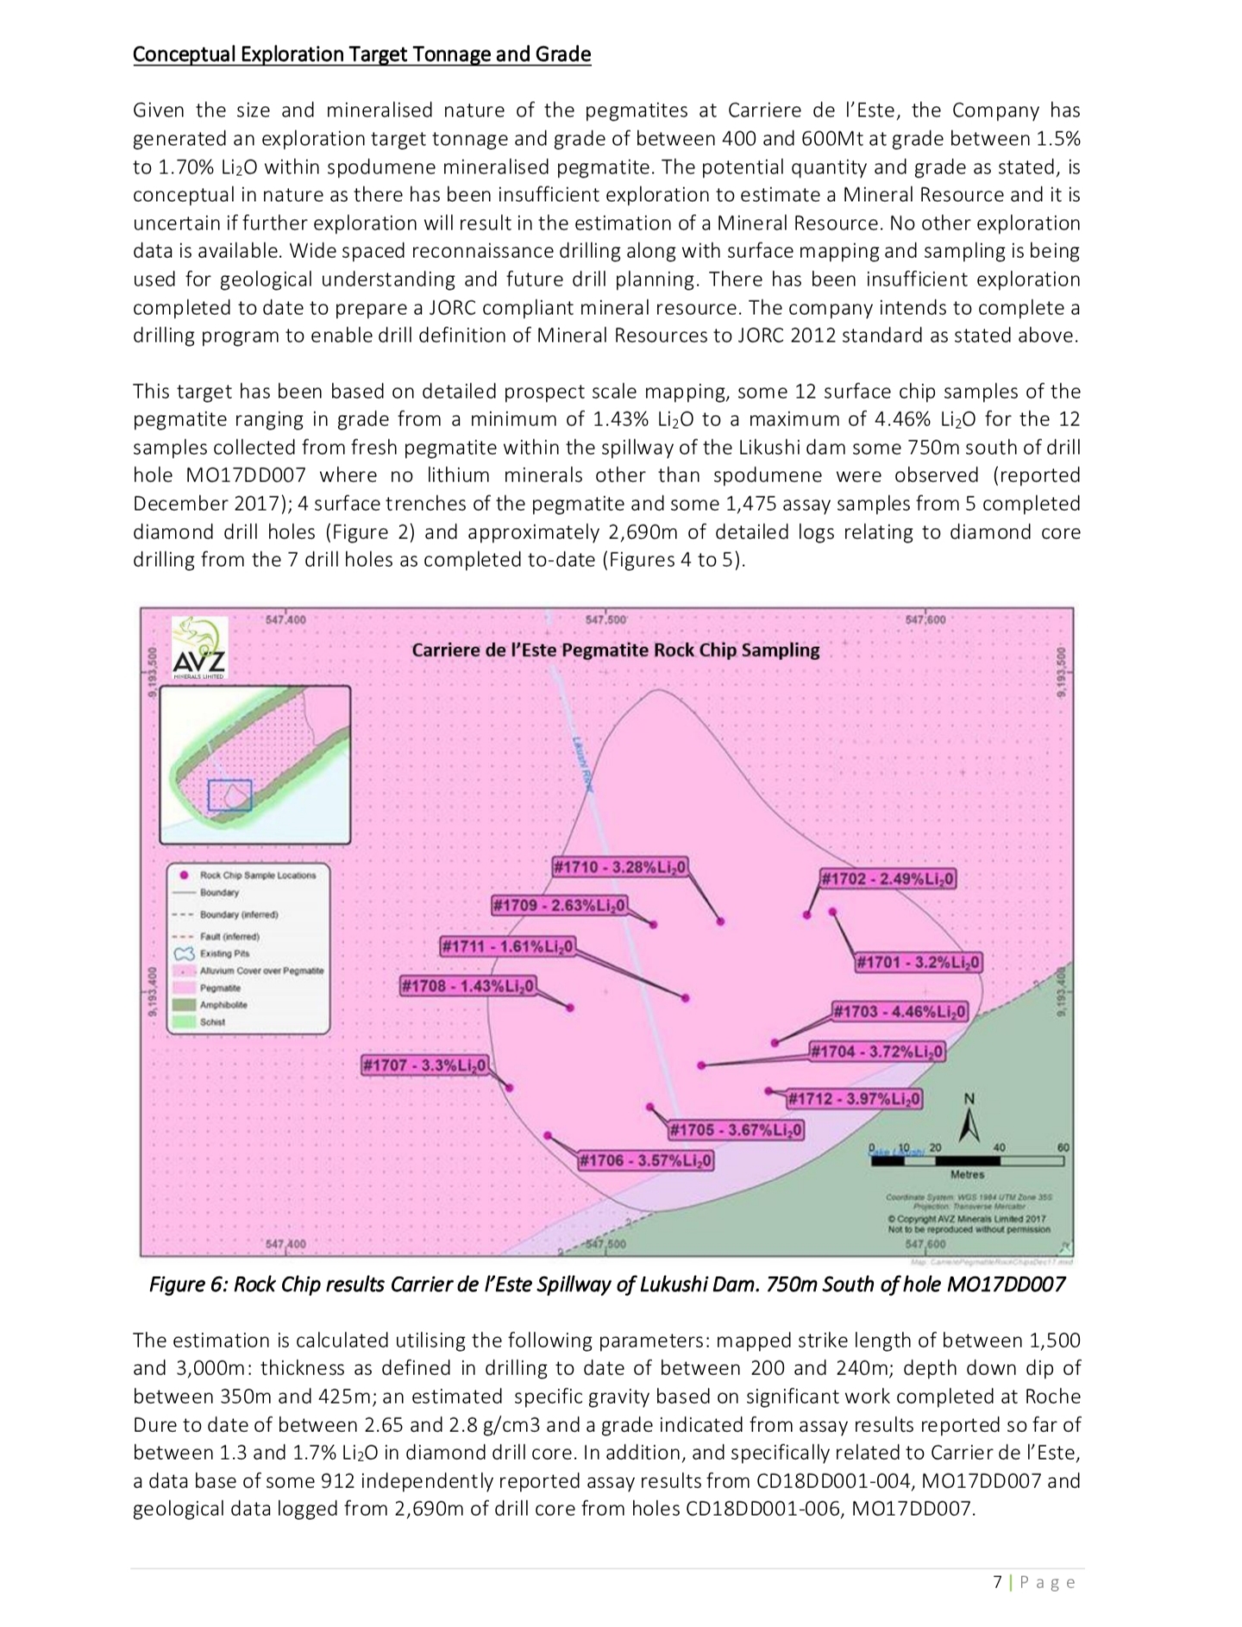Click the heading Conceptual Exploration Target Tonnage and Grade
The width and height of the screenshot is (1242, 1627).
361,54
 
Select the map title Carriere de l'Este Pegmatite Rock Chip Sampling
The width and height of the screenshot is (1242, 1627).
615,650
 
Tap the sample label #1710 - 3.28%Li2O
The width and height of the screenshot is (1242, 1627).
619,866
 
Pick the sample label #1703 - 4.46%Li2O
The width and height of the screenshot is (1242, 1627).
900,1011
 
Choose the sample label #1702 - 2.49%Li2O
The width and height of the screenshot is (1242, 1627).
888,879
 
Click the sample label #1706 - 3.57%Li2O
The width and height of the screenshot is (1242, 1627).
645,1160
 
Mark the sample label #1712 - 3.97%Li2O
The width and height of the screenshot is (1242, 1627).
855,1099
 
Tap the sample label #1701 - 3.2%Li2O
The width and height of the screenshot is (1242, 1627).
918,962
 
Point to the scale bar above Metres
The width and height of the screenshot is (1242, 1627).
968,1160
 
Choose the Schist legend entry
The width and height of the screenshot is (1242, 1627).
212,1022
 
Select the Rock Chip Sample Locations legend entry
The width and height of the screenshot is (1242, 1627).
257,875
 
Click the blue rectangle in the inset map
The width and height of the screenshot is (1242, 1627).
229,795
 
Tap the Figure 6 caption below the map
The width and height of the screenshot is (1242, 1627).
607,1285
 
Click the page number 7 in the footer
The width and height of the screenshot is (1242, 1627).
998,1582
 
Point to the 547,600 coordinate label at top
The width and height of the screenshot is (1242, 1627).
925,619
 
